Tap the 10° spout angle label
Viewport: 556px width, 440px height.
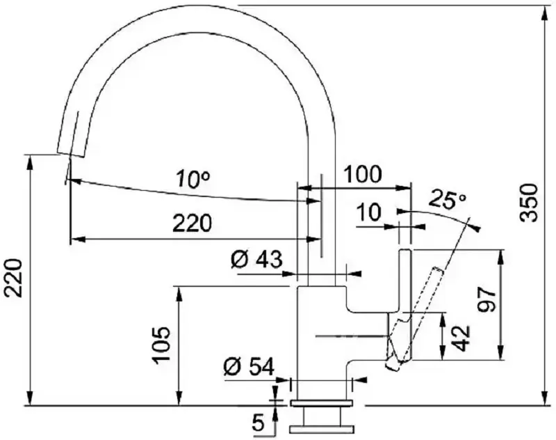pyautogui.click(x=193, y=179)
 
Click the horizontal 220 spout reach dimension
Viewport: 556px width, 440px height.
pyautogui.click(x=192, y=223)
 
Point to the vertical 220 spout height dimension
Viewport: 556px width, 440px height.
pyautogui.click(x=15, y=278)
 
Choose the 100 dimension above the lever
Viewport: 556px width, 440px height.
pyautogui.click(x=363, y=175)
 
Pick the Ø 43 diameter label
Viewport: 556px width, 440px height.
pyautogui.click(x=256, y=260)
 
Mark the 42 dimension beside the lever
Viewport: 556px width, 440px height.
pyautogui.click(x=461, y=338)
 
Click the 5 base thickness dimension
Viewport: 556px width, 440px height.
pyautogui.click(x=259, y=423)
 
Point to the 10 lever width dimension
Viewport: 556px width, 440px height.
pyautogui.click(x=370, y=212)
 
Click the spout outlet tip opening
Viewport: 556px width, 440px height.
pyautogui.click(x=72, y=155)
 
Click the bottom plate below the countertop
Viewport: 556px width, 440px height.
pyautogui.click(x=322, y=430)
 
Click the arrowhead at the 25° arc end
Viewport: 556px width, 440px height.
pyautogui.click(x=476, y=226)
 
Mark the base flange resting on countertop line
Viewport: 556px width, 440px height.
pyautogui.click(x=322, y=402)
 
